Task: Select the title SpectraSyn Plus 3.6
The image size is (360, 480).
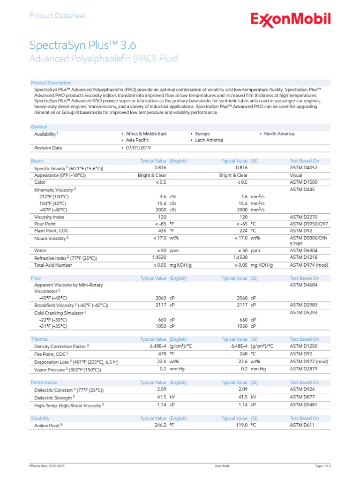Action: tap(82, 45)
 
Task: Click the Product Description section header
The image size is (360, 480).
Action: tap(51, 83)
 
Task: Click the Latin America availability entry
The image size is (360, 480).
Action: tap(208, 140)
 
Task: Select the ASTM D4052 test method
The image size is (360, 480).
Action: tap(304, 167)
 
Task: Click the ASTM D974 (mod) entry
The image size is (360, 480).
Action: tap(309, 265)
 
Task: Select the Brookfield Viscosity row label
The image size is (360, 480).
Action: tap(71, 305)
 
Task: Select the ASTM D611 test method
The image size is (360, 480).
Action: tap(302, 425)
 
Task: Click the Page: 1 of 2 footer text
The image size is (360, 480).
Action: tap(323, 466)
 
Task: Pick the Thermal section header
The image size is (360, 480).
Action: tap(39, 339)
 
